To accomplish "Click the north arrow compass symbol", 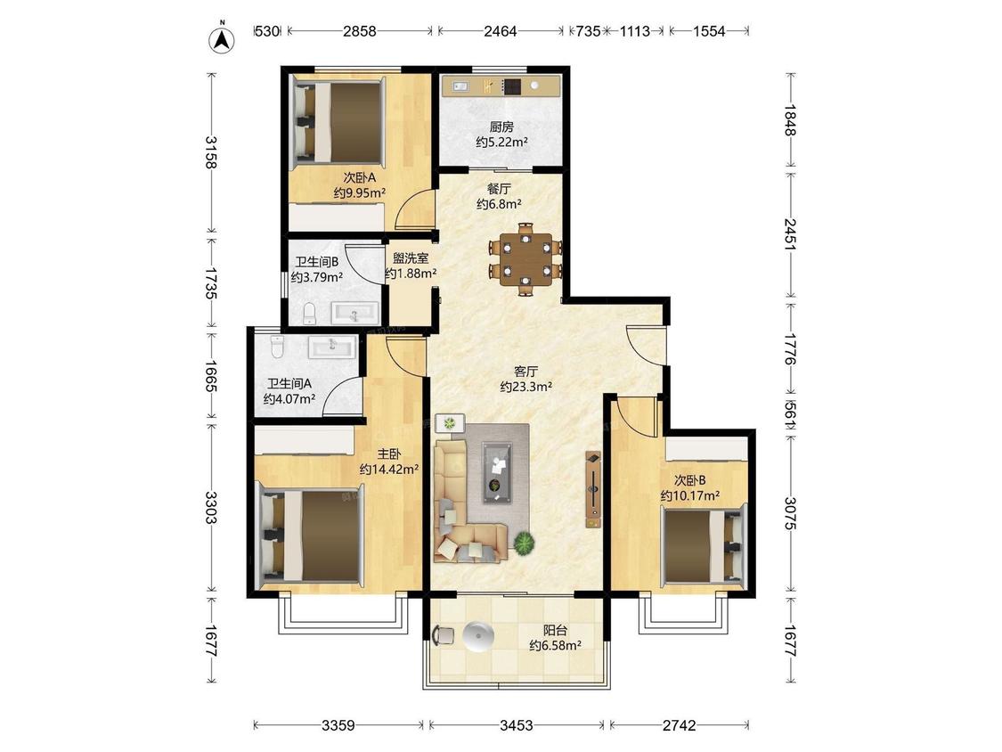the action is coord(223,38).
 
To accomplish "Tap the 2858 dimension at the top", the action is coord(360,30).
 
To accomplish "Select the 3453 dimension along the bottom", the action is coord(517,725).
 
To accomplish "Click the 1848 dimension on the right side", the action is coord(791,120).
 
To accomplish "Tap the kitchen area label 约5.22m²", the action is coord(501,142).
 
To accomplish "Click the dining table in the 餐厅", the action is coord(525,259).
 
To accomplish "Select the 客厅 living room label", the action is coord(525,372).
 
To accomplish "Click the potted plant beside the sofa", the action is coord(524,543).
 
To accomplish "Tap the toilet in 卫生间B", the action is coord(309,313).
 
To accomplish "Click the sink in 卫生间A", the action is coord(332,347).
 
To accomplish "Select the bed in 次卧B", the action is coord(704,544).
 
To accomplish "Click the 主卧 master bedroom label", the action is coord(388,454).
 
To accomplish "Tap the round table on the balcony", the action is coord(478,637).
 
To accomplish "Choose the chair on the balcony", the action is coord(443,635).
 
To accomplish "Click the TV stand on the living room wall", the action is coord(594,489).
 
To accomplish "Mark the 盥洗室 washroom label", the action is coord(411,258).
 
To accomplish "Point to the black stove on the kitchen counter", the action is coord(512,86).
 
